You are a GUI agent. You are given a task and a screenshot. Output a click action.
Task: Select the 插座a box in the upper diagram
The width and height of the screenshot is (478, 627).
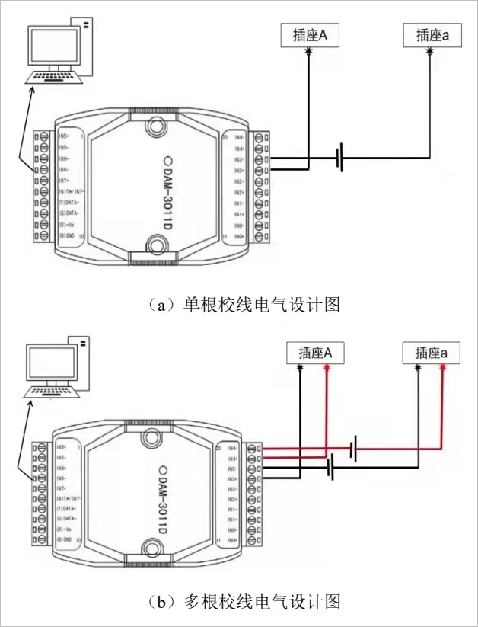pos(430,34)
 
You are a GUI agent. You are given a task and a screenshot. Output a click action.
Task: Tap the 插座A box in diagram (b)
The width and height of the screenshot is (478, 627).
pos(313,353)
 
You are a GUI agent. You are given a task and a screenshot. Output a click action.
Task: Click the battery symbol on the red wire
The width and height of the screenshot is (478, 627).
pos(353,449)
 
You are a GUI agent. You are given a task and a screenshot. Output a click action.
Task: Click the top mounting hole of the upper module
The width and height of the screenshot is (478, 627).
pos(157,125)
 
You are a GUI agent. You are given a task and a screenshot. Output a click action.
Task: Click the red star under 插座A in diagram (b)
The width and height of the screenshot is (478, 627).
pos(327,368)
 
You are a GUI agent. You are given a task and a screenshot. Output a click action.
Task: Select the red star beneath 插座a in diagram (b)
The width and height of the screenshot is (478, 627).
pos(442,368)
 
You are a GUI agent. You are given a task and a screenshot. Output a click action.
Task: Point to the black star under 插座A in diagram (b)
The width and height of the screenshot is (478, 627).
pos(301,368)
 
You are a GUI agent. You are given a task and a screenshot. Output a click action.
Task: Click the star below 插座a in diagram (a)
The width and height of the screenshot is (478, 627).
pos(430,51)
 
